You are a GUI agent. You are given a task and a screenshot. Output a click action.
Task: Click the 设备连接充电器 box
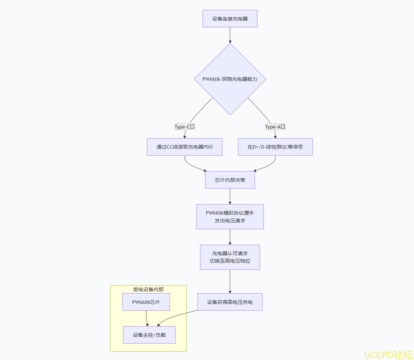(230, 19)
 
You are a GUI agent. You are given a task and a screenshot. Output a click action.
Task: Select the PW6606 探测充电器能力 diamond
(230, 79)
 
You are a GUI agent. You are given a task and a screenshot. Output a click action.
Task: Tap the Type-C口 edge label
(184, 127)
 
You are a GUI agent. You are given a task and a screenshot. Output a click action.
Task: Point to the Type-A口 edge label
(275, 127)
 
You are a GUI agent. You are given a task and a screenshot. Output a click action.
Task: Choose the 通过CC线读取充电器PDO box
(184, 147)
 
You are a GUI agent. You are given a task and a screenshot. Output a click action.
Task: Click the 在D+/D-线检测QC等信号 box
(275, 147)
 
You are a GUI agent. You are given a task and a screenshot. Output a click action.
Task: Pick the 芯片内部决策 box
(230, 180)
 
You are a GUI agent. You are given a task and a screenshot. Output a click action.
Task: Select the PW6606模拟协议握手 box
(230, 216)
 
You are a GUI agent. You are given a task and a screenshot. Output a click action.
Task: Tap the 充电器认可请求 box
(230, 257)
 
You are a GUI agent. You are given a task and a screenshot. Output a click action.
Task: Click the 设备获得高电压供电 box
(230, 302)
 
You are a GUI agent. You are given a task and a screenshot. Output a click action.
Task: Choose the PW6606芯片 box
(146, 302)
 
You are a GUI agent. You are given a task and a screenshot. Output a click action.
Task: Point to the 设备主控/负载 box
(149, 335)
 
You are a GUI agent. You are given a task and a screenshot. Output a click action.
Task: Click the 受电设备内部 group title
(148, 289)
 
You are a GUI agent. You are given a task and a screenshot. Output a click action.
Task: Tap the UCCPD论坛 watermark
(389, 355)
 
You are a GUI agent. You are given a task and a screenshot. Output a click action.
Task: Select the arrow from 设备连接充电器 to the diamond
(230, 35)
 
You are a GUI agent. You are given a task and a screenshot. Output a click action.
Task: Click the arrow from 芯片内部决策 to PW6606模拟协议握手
(230, 197)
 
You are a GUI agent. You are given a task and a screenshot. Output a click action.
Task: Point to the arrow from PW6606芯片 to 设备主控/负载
(147, 319)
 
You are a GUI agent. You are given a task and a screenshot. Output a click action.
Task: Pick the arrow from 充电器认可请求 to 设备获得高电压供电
(230, 281)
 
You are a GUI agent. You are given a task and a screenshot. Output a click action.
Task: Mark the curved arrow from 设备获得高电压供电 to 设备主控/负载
(174, 316)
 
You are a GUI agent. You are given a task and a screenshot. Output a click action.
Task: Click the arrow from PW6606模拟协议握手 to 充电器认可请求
(230, 237)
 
